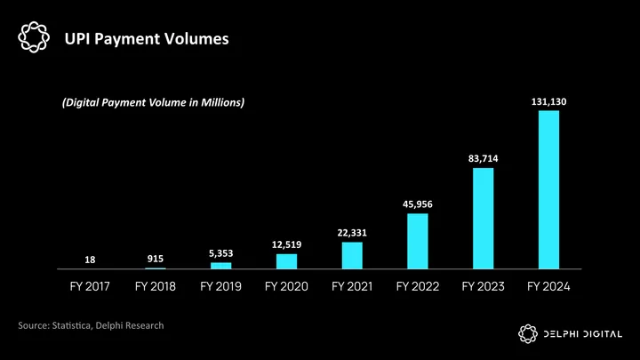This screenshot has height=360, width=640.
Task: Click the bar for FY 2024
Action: click(x=548, y=189)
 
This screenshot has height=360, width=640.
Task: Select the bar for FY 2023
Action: click(x=483, y=218)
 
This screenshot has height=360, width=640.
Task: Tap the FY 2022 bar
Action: click(x=418, y=241)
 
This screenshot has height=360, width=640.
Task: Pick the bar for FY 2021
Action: click(x=352, y=255)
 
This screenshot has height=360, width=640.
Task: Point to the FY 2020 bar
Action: click(x=286, y=261)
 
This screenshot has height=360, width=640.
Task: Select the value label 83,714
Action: click(x=484, y=158)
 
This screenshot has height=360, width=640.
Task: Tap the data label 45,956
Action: click(x=418, y=204)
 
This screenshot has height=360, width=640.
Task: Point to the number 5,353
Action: click(x=221, y=253)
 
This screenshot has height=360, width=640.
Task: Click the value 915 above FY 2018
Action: click(x=156, y=259)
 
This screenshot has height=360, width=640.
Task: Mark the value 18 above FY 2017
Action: click(x=91, y=260)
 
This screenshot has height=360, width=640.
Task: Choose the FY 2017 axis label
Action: click(x=91, y=286)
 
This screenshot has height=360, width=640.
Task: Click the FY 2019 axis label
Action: click(x=221, y=286)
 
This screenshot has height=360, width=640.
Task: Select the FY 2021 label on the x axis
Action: click(x=352, y=286)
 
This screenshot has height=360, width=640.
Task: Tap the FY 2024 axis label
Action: click(x=548, y=286)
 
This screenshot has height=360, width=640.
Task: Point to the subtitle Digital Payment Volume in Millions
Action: click(x=153, y=103)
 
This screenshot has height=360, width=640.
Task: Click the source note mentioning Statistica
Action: click(x=91, y=326)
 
